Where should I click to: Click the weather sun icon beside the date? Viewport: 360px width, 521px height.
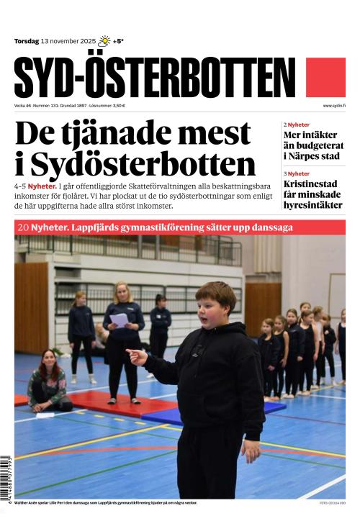(104, 41)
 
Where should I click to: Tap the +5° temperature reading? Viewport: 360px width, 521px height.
(118, 42)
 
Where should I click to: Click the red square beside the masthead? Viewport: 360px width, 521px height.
(325, 77)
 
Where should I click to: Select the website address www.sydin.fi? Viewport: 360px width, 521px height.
(334, 106)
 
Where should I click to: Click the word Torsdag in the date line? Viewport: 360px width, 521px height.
(26, 42)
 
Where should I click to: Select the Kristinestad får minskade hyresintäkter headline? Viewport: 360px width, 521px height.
(314, 194)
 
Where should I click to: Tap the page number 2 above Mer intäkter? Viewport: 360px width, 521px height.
(285, 124)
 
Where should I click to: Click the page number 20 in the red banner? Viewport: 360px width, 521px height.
(22, 227)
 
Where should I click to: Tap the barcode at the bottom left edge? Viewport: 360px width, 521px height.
(6, 479)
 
